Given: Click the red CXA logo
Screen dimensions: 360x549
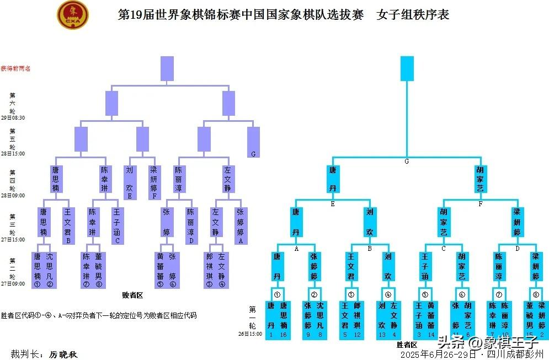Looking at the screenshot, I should click(x=72, y=15).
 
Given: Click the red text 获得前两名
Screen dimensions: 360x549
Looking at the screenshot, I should click(x=15, y=68).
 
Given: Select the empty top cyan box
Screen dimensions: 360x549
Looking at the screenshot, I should click(x=407, y=68).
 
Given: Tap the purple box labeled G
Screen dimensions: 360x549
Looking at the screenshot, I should click(x=253, y=142).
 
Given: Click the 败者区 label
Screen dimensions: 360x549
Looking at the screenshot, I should click(x=132, y=295).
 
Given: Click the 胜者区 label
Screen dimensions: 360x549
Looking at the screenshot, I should click(x=407, y=345).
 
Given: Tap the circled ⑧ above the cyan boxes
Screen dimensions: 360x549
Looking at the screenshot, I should click(x=535, y=294).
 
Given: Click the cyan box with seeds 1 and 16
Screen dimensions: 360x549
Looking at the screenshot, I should click(x=277, y=320).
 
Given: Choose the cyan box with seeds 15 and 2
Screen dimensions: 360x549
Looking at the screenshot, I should click(x=535, y=320).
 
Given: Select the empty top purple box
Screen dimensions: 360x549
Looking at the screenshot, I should click(x=167, y=68).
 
